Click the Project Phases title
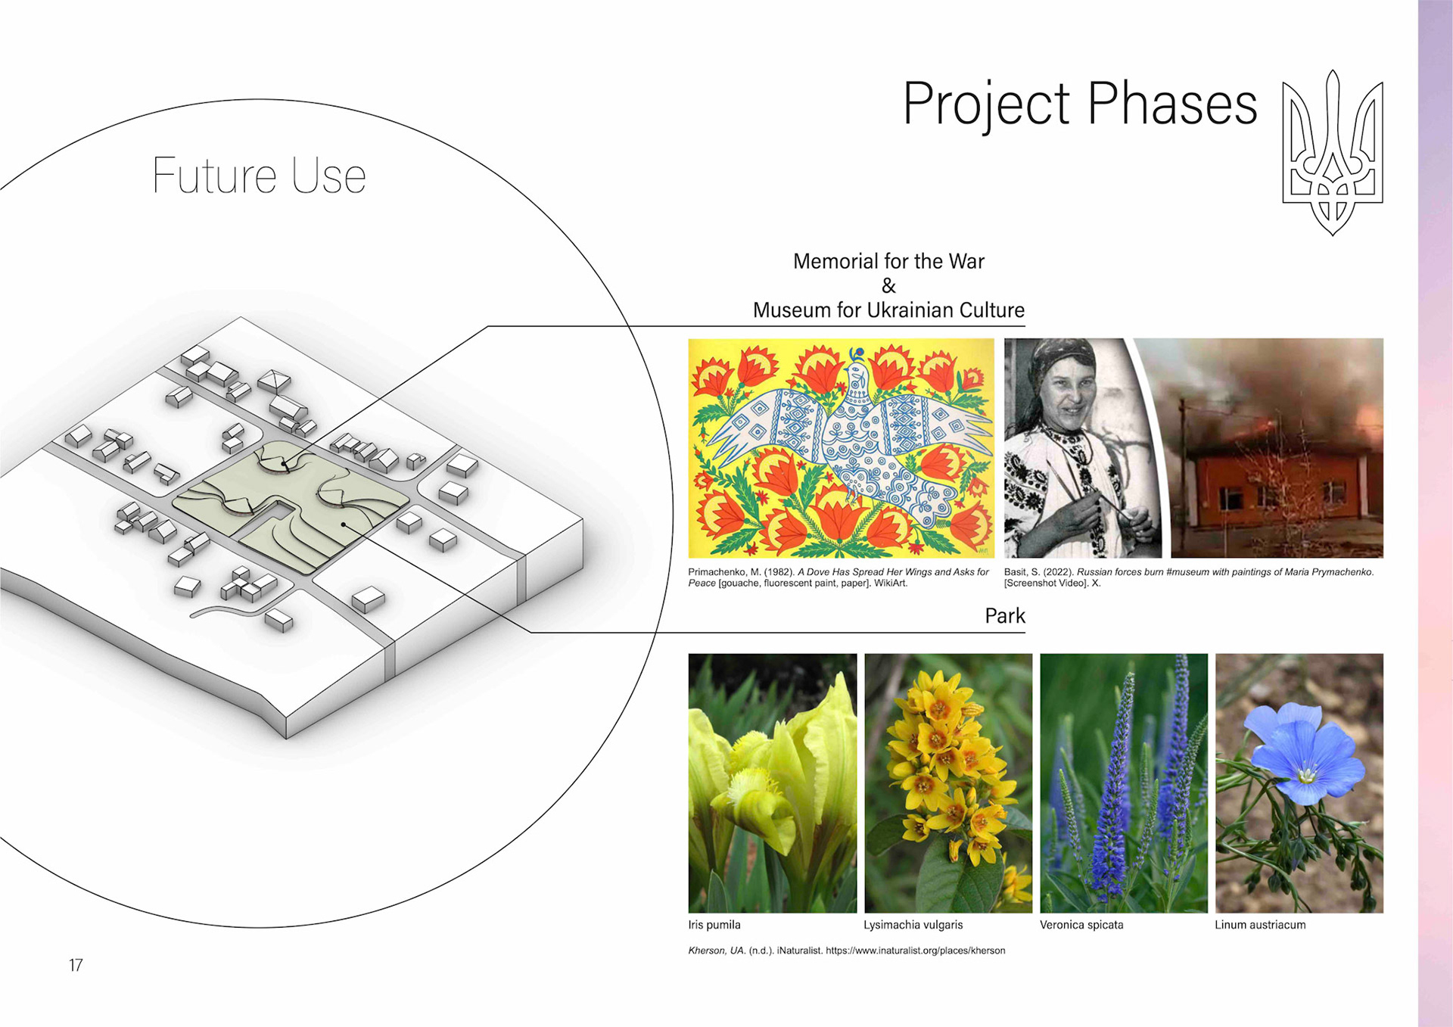tap(1080, 104)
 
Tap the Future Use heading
tap(259, 176)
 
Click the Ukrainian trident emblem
tap(1333, 152)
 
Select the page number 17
tap(76, 965)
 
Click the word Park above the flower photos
tap(1005, 616)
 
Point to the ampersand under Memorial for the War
tap(888, 286)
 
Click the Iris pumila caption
tap(714, 925)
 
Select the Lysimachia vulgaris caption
tap(913, 925)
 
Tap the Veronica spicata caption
tap(1081, 925)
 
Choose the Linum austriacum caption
tap(1260, 925)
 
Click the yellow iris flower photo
tap(773, 783)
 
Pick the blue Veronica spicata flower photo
tap(1124, 783)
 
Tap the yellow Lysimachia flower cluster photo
tap(948, 783)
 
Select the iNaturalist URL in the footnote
tap(915, 951)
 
